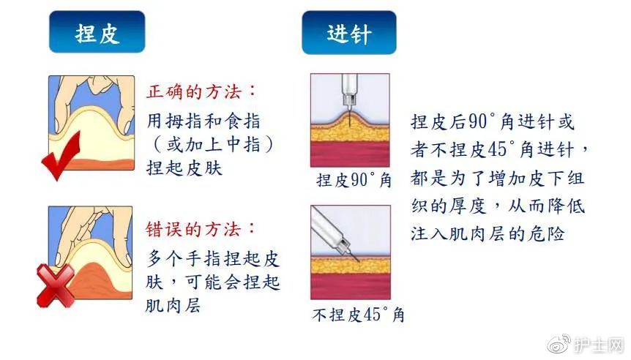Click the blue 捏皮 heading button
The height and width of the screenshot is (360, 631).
(97, 33)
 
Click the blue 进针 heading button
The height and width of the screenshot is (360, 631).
(349, 33)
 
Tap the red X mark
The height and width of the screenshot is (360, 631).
(55, 284)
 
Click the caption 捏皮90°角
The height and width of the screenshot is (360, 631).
(354, 179)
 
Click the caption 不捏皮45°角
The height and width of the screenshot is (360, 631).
(358, 315)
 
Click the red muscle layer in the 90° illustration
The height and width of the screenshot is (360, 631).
(350, 154)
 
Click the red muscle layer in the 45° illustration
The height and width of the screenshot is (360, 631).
(350, 289)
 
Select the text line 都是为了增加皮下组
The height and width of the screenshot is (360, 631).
(498, 179)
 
